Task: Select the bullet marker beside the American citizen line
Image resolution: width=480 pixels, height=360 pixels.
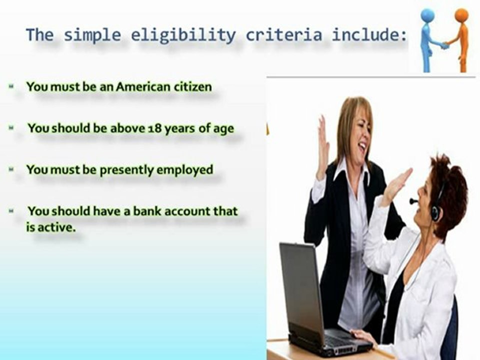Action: [11, 87]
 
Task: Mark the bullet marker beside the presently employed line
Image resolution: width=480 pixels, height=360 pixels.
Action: [11, 170]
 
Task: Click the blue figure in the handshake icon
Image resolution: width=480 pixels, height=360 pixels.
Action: [427, 37]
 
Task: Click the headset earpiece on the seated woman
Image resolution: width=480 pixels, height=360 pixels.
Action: [435, 210]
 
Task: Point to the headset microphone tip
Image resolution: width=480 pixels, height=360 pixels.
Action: [412, 201]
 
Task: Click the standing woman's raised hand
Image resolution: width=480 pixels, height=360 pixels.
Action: [323, 145]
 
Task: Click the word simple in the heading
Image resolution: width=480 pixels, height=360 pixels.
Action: [92, 35]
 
